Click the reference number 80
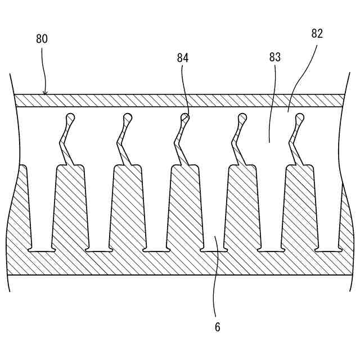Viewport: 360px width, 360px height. [x=42, y=39]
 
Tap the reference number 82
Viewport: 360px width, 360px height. [x=317, y=34]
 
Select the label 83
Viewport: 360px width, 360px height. [x=275, y=57]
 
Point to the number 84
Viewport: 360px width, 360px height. [x=182, y=57]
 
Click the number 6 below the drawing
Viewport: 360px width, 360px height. [x=217, y=327]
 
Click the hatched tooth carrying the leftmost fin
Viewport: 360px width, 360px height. [x=70, y=202]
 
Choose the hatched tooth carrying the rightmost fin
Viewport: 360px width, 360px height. [x=299, y=202]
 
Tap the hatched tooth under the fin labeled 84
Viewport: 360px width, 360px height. [x=184, y=202]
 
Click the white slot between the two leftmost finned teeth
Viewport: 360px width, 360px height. [x=98, y=208]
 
